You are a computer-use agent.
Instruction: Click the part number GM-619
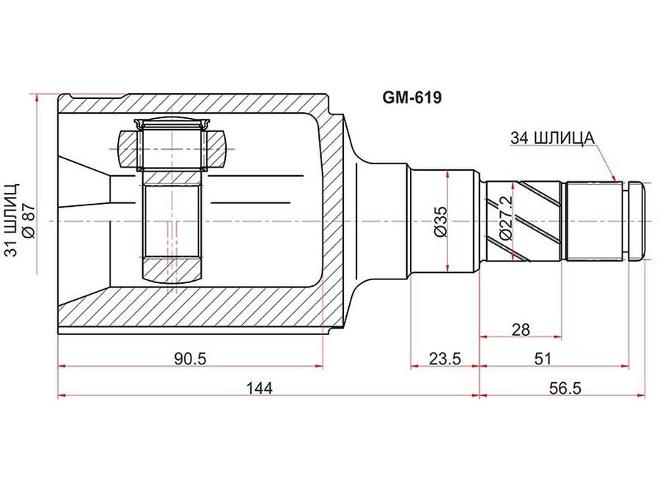pyautogui.click(x=411, y=98)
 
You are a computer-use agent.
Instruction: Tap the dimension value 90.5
pyautogui.click(x=190, y=359)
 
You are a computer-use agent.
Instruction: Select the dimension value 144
pyautogui.click(x=260, y=388)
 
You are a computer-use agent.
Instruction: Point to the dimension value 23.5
pyautogui.click(x=445, y=359)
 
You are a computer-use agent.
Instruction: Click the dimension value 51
pyautogui.click(x=543, y=359)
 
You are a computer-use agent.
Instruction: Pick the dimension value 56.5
pyautogui.click(x=565, y=388)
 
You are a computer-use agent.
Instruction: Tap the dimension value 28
pyautogui.click(x=521, y=329)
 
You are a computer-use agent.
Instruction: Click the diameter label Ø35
pyautogui.click(x=440, y=221)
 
